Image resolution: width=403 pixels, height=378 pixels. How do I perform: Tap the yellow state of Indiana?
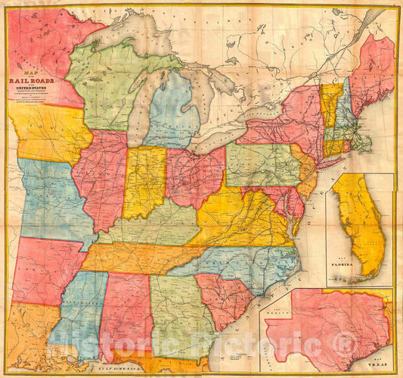tap(144, 182)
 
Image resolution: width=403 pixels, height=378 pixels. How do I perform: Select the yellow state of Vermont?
tap(330, 102)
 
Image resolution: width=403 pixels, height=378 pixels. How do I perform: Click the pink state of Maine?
tap(372, 72)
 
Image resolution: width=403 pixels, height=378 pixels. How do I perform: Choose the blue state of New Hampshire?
tap(343, 106)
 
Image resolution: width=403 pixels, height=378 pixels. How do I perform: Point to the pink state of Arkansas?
tap(45, 269)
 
